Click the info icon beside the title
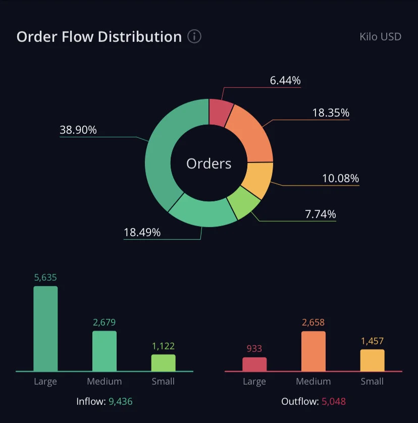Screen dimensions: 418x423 (194, 36)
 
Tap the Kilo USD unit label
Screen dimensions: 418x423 (381, 37)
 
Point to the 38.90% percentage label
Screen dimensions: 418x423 (78, 130)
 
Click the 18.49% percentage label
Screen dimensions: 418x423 (142, 232)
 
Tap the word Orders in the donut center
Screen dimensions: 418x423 (209, 164)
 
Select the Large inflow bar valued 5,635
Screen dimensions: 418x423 (45, 329)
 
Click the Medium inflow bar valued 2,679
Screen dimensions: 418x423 (104, 351)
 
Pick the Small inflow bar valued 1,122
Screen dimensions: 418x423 (163, 363)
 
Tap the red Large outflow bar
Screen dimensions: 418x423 (254, 364)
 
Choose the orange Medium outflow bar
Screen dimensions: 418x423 (313, 351)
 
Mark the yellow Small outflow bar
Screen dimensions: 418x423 (373, 360)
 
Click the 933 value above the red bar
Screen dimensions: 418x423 (254, 348)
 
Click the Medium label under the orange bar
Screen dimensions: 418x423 (313, 382)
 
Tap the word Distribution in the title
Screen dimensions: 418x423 (140, 37)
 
